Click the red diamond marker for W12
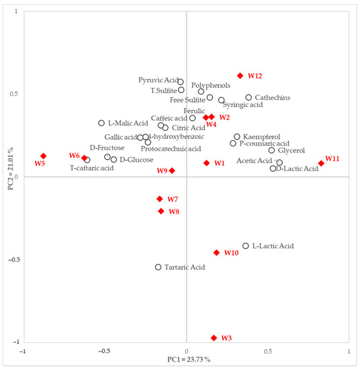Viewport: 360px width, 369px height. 240,76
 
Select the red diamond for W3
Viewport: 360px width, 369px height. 214,338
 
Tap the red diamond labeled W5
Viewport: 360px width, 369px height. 43,156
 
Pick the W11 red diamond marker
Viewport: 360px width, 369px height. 321,163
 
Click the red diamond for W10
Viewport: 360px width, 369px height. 216,253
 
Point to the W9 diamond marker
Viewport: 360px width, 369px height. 172,171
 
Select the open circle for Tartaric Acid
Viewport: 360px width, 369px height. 159,267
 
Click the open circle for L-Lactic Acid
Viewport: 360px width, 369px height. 246,246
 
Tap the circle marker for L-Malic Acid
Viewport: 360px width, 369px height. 101,123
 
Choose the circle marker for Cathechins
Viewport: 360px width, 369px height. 249,97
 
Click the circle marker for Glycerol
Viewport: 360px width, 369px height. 271,150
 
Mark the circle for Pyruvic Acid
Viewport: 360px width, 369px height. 181,82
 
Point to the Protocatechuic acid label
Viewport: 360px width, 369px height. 171,149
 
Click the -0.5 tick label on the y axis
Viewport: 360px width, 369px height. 13,260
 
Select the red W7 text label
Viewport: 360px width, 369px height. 173,200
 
